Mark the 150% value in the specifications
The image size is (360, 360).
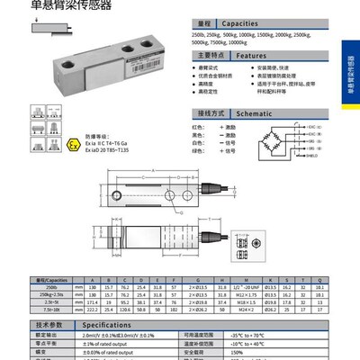[x=265, y=352]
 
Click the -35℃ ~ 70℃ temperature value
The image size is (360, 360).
[x=271, y=332]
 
